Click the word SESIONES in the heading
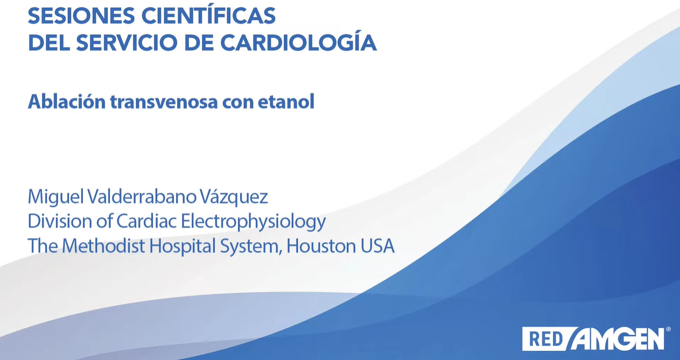[81, 16]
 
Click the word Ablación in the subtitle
[66, 101]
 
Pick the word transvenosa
[164, 102]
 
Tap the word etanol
[286, 102]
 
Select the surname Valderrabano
[142, 196]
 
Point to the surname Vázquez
[234, 197]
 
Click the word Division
[60, 221]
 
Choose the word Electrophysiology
[253, 222]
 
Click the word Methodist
[103, 245]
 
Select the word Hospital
[182, 246]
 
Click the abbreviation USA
[377, 246]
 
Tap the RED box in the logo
[546, 339]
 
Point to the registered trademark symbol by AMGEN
[668, 329]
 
